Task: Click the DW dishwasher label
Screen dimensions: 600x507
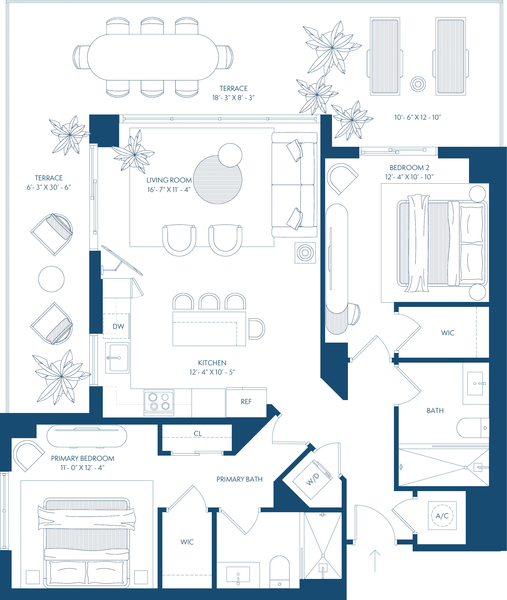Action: click(x=118, y=326)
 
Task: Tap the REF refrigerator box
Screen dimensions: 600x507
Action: click(x=246, y=402)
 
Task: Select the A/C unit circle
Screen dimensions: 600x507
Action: click(x=442, y=516)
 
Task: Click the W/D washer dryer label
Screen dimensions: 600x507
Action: click(x=312, y=479)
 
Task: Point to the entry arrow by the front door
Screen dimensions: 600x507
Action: click(x=375, y=561)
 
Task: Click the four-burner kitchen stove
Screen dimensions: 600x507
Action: click(x=159, y=402)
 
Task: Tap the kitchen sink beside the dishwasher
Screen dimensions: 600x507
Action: click(x=117, y=358)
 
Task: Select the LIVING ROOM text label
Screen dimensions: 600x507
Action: click(x=169, y=180)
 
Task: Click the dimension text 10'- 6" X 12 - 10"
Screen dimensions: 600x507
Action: click(x=417, y=117)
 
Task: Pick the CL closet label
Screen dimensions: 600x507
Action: click(x=198, y=434)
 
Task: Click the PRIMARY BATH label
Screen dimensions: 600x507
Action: click(x=240, y=479)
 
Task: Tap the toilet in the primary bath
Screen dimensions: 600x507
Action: click(x=279, y=572)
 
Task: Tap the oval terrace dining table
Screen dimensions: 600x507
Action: click(x=153, y=57)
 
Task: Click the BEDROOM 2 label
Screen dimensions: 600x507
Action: click(x=409, y=168)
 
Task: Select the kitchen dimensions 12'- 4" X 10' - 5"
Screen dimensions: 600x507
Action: click(x=212, y=372)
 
